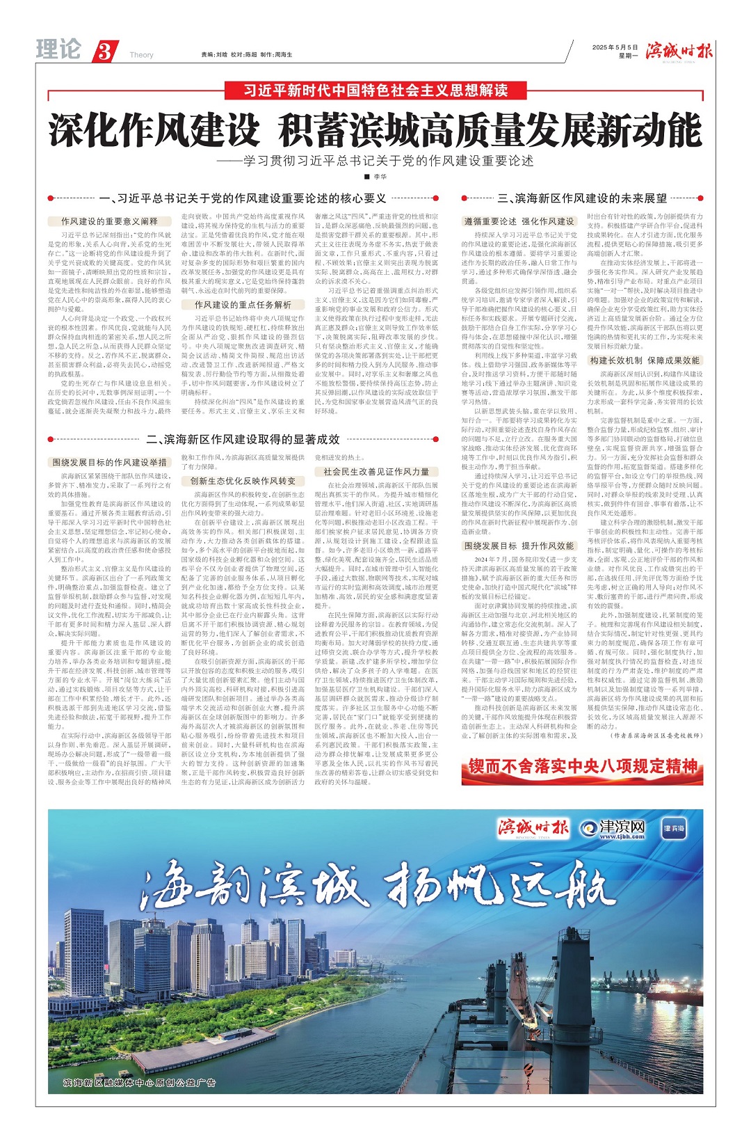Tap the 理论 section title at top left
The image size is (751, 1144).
coord(58,49)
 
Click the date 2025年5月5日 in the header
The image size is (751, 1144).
coord(615,47)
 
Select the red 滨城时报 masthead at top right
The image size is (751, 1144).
coord(679,51)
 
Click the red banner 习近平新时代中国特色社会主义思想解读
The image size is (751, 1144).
coord(375,90)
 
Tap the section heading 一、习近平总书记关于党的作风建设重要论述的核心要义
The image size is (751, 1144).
coord(242,198)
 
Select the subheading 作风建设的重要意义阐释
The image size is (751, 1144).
coord(109,221)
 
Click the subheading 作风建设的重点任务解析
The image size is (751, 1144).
coord(243,305)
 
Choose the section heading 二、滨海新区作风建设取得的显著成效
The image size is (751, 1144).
coord(243,439)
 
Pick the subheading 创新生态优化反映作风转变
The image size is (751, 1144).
coord(243,481)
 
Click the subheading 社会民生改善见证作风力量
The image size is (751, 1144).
coord(376,471)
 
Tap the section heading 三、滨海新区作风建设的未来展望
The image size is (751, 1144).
coord(582,198)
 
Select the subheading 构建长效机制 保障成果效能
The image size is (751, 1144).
coord(645,360)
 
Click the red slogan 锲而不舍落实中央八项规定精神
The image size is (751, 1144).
coord(583,766)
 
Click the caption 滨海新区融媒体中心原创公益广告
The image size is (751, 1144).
coord(139,1082)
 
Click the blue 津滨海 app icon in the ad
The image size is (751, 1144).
coord(673,828)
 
